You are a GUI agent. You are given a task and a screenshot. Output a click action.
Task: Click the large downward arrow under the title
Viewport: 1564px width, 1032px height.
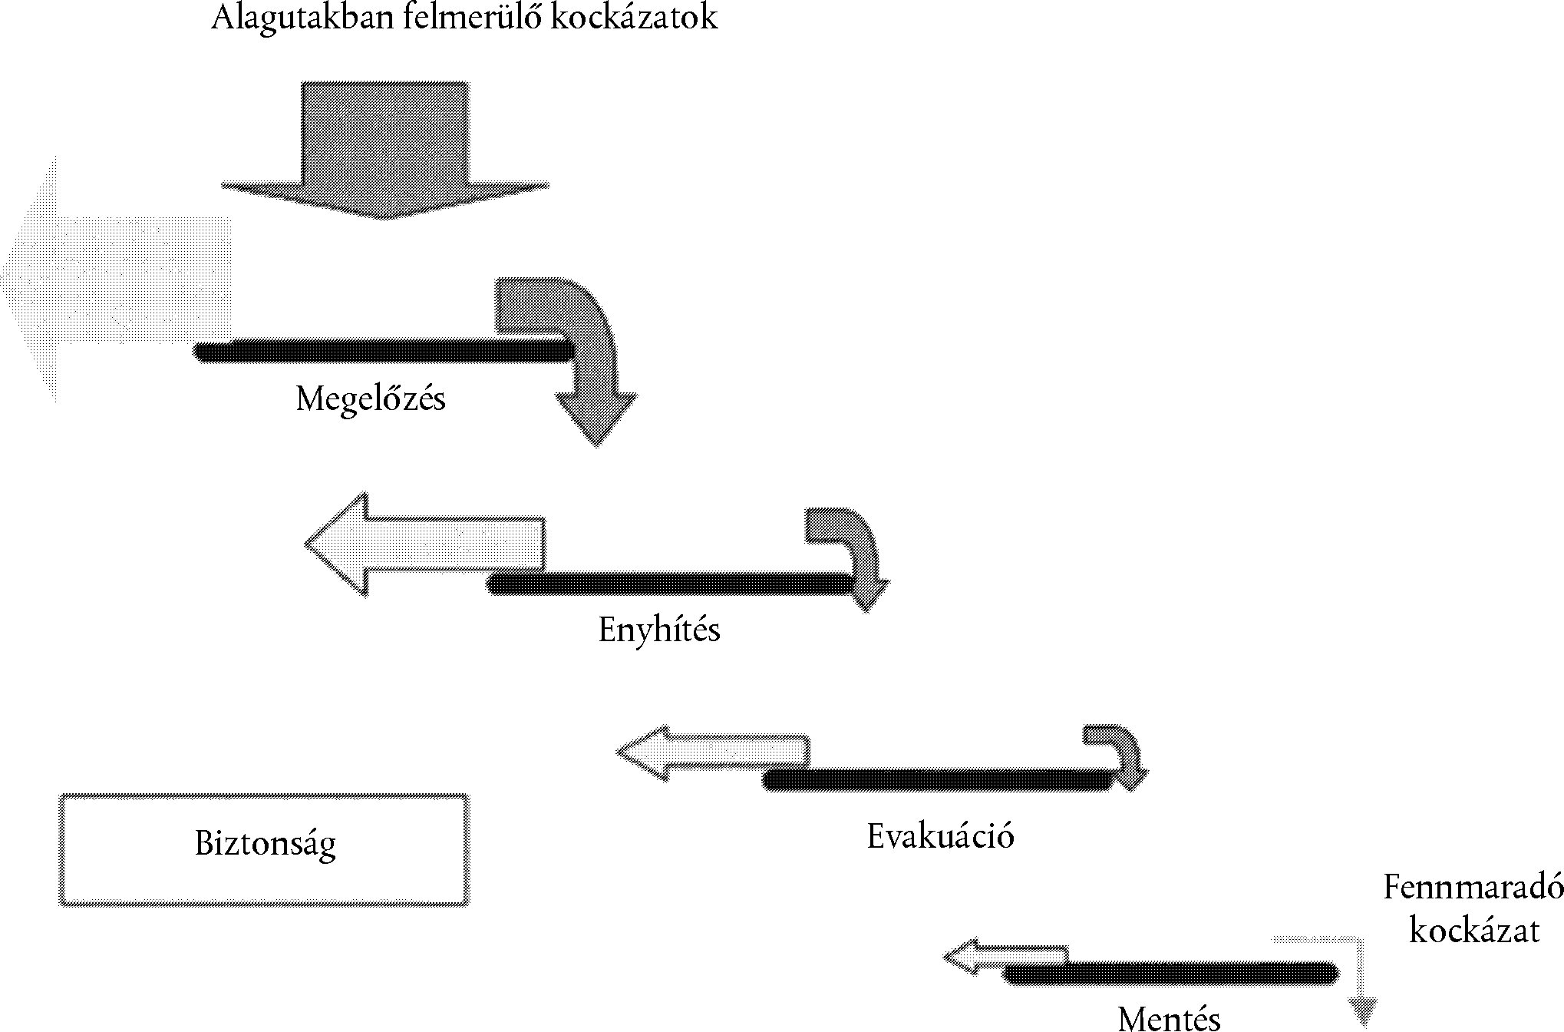[x=384, y=146]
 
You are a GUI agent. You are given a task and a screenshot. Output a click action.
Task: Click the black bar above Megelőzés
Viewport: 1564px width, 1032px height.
[x=384, y=351]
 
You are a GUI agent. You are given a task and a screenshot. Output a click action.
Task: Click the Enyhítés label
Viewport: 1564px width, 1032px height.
[x=659, y=630]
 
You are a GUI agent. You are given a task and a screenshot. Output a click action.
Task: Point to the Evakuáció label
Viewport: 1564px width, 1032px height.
[x=940, y=836]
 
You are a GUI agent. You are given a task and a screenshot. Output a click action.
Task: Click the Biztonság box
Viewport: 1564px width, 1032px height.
[x=265, y=850]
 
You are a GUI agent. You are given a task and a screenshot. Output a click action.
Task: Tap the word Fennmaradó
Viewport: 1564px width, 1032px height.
[x=1473, y=888]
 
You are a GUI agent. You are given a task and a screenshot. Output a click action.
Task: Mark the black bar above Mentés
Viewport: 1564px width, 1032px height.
[x=1170, y=974]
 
